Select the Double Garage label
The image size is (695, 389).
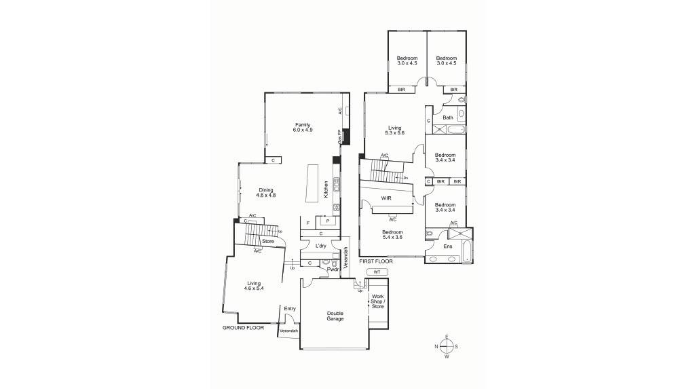pyautogui.click(x=335, y=316)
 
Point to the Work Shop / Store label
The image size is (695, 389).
pyautogui.click(x=377, y=301)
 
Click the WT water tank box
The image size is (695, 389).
pyautogui.click(x=377, y=272)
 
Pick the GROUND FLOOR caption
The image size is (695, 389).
pyautogui.click(x=243, y=327)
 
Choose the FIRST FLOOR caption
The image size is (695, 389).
pyautogui.click(x=377, y=261)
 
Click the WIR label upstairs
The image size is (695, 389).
pyautogui.click(x=387, y=198)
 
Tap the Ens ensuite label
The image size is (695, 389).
pyautogui.click(x=448, y=246)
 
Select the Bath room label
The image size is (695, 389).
pyautogui.click(x=448, y=117)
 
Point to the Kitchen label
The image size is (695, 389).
pyautogui.click(x=326, y=188)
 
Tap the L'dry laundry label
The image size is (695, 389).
pyautogui.click(x=321, y=246)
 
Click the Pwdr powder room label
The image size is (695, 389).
pyautogui.click(x=333, y=269)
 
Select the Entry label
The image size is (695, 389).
pyautogui.click(x=290, y=309)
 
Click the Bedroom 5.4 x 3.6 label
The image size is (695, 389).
pyautogui.click(x=393, y=235)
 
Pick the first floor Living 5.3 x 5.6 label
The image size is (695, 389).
pyautogui.click(x=394, y=130)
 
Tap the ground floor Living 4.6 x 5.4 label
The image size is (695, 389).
pyautogui.click(x=254, y=286)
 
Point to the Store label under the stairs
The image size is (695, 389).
pyautogui.click(x=267, y=241)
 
